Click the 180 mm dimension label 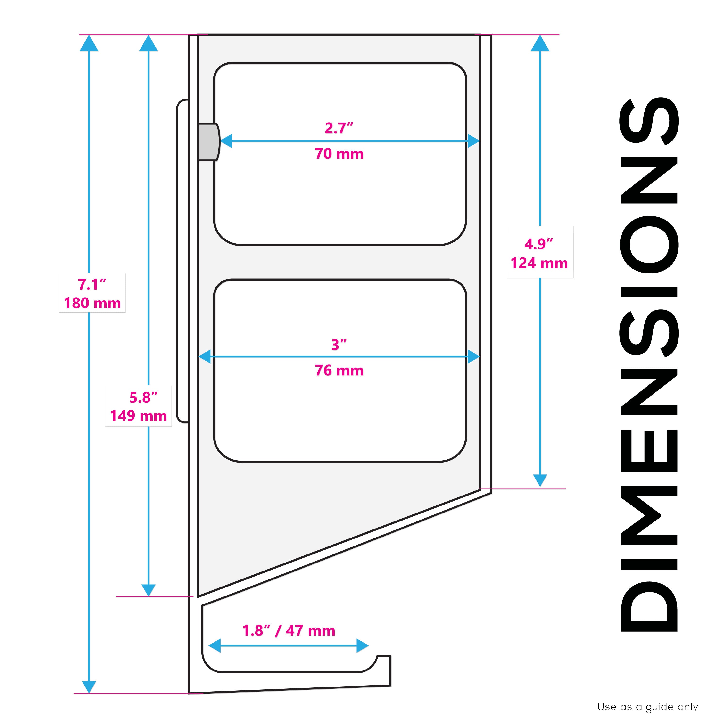click(92, 303)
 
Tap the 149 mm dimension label click(138, 416)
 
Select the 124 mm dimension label click(539, 263)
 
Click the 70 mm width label click(339, 154)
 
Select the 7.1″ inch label click(92, 284)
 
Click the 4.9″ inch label click(539, 244)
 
